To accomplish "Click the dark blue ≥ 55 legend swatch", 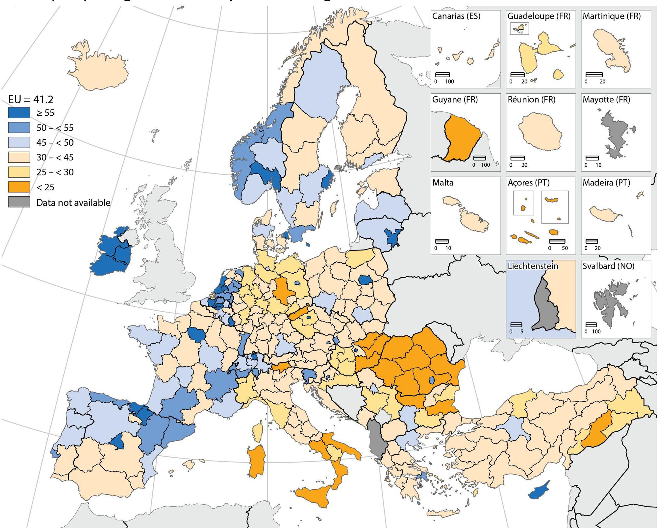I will point(19,113).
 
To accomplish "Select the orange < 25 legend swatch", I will point(19,187).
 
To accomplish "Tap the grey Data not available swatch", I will point(19,202).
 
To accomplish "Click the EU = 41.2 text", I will point(31,99).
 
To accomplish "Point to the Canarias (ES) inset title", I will point(456,16).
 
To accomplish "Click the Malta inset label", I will point(443,183).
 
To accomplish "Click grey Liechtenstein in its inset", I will point(546,306).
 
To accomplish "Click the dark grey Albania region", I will point(376,437).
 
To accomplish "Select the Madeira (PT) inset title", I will point(606,183).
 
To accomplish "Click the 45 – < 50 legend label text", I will point(55,143).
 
